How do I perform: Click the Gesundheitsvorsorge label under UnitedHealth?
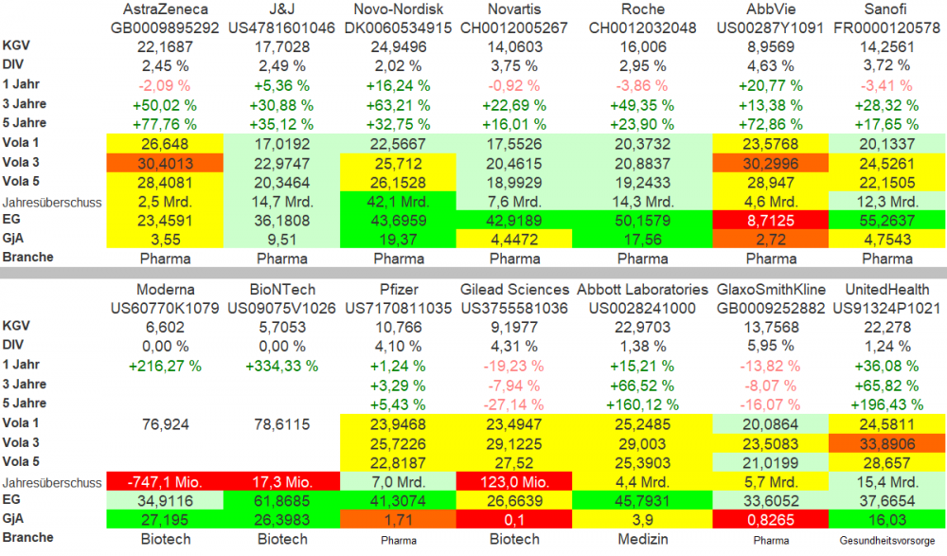(x=887, y=539)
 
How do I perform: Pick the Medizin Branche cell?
(x=642, y=539)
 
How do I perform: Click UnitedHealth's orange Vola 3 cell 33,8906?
(x=887, y=442)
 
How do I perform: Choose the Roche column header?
(x=642, y=9)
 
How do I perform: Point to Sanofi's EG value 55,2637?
(x=887, y=219)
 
